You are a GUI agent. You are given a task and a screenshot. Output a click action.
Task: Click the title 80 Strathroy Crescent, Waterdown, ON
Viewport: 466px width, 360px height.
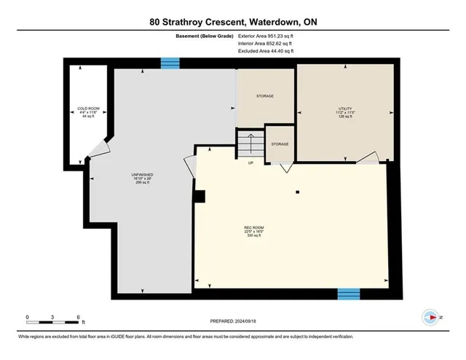pyautogui.click(x=233, y=22)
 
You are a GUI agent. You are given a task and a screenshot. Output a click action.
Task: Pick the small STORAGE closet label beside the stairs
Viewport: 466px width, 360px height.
pyautogui.click(x=280, y=144)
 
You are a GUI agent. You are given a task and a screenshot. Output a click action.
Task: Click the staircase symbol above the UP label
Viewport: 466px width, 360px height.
pyautogui.click(x=250, y=141)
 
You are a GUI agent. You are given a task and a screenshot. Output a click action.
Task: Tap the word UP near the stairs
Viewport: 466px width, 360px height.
pyautogui.click(x=251, y=162)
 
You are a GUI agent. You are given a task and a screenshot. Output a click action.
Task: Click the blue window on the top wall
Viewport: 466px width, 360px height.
pyautogui.click(x=170, y=63)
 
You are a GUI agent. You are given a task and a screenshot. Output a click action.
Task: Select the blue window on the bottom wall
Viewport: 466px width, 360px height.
pyautogui.click(x=348, y=294)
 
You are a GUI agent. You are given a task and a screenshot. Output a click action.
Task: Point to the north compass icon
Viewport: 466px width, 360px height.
pyautogui.click(x=430, y=317)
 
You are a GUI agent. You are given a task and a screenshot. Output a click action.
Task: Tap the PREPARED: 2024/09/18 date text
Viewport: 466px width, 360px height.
pyautogui.click(x=233, y=320)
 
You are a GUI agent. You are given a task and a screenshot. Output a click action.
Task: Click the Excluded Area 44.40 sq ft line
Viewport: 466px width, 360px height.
pyautogui.click(x=266, y=52)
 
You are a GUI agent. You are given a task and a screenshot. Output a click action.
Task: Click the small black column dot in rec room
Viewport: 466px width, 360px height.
pyautogui.click(x=298, y=192)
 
